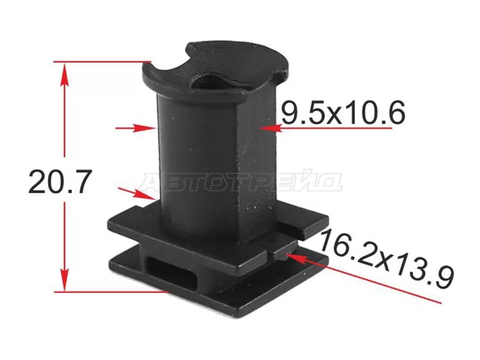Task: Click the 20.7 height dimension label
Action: coord(60,182)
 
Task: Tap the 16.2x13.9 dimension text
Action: coord(386,260)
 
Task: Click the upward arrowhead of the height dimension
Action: coord(64,75)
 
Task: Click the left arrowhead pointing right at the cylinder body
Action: coord(145,128)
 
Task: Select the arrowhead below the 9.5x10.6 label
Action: coord(269,128)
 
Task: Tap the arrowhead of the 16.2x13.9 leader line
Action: coord(295,257)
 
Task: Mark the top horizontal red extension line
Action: coord(102,62)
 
